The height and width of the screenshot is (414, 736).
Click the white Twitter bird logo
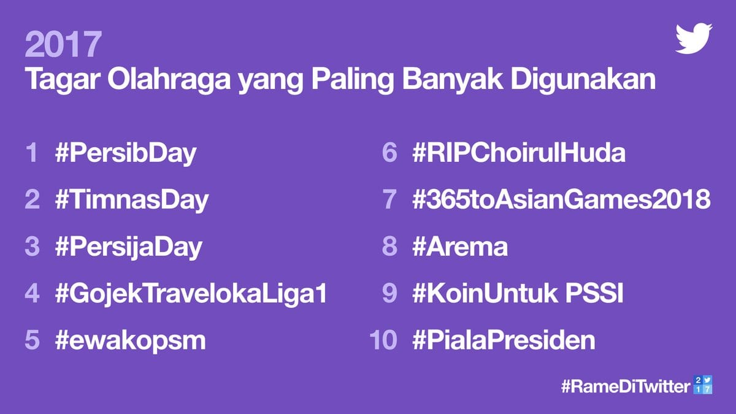click(x=694, y=38)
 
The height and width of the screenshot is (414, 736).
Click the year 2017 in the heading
click(x=63, y=44)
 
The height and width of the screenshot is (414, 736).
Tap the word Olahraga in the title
click(x=169, y=79)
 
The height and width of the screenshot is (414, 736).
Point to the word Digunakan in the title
click(x=583, y=79)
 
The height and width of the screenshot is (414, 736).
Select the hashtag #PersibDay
click(x=126, y=153)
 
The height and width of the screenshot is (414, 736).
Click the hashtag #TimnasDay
click(x=132, y=200)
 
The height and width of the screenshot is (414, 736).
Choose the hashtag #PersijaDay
click(x=129, y=247)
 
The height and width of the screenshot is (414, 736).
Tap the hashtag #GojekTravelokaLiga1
click(x=191, y=293)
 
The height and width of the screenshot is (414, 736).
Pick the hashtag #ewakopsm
click(x=131, y=340)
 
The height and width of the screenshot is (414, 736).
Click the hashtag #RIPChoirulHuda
click(x=519, y=153)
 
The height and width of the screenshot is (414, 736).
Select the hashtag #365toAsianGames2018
click(x=561, y=199)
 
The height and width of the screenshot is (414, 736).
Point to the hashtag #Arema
click(x=460, y=247)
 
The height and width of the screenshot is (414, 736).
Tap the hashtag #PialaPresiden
click(x=504, y=340)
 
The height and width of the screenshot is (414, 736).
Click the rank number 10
click(x=383, y=340)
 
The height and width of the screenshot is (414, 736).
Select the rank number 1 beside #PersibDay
click(x=32, y=153)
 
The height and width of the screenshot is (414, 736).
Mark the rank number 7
click(x=389, y=199)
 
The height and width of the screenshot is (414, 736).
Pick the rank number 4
click(x=32, y=293)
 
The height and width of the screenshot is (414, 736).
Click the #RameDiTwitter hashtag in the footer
click(x=626, y=386)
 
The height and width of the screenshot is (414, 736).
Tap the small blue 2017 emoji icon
click(x=703, y=385)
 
